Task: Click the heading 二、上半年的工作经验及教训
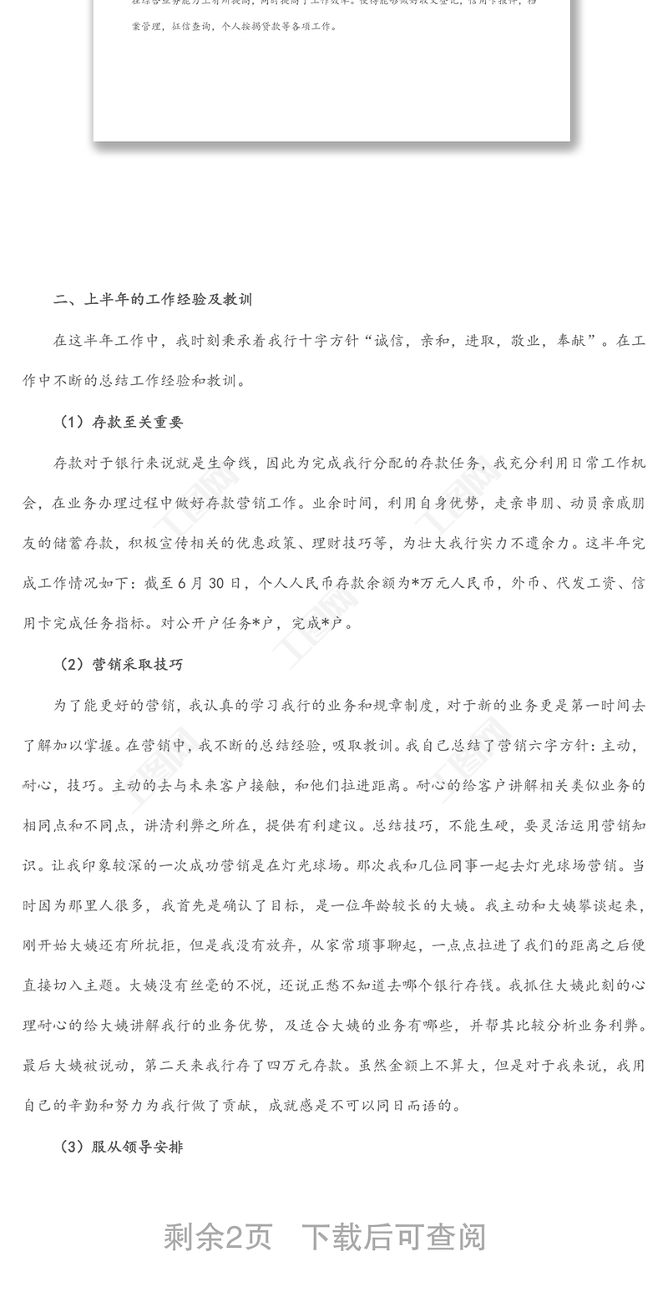pyautogui.click(x=152, y=299)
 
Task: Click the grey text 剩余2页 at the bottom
pyautogui.click(x=218, y=1237)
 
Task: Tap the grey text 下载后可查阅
pyautogui.click(x=393, y=1237)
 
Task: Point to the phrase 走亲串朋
pyautogui.click(x=524, y=503)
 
